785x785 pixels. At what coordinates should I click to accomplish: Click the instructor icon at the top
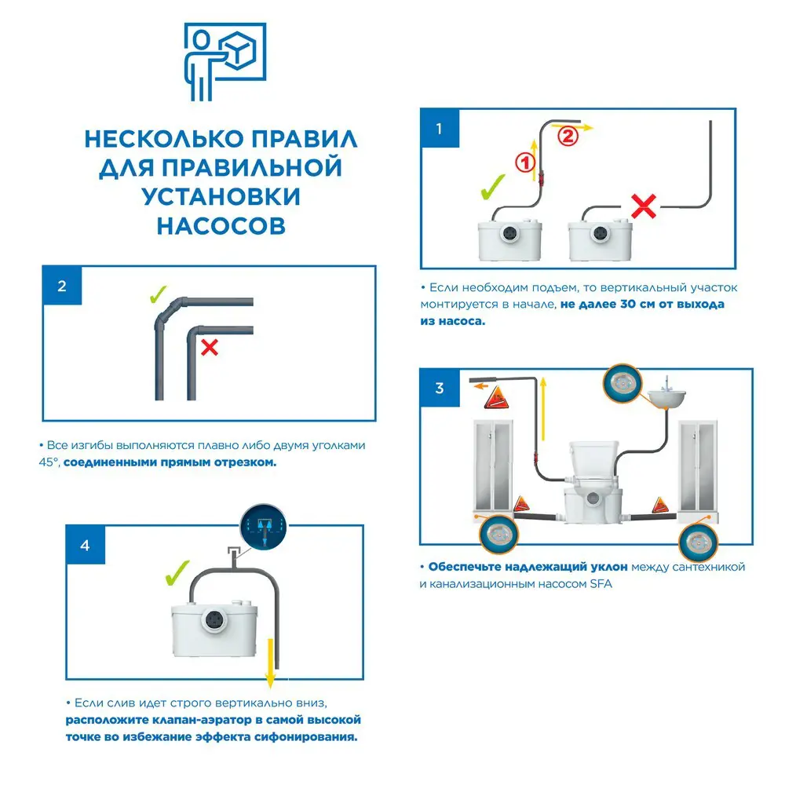point(225,60)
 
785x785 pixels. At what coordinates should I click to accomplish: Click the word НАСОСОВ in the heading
point(221,225)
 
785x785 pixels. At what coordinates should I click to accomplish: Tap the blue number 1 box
point(439,128)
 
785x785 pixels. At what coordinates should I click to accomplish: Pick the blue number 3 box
point(439,388)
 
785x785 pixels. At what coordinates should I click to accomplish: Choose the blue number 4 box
point(85,546)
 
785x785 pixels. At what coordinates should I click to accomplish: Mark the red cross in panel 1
point(644,206)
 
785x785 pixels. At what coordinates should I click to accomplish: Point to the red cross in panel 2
point(209,347)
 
